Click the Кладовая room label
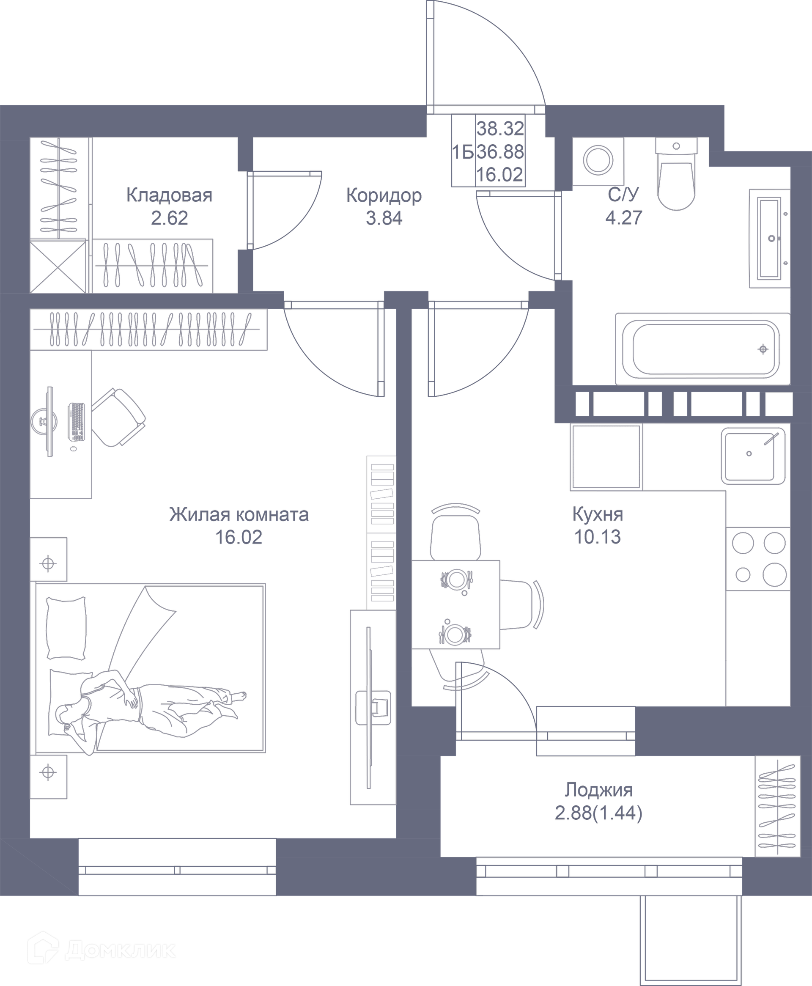pyautogui.click(x=169, y=195)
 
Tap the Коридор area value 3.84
pyautogui.click(x=384, y=218)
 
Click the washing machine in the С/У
pyautogui.click(x=598, y=161)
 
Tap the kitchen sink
pyautogui.click(x=753, y=456)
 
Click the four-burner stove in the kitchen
pyautogui.click(x=758, y=559)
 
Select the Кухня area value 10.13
pyautogui.click(x=597, y=537)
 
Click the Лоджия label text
pyautogui.click(x=598, y=790)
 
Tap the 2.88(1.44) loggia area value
pyautogui.click(x=598, y=813)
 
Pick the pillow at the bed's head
pyautogui.click(x=66, y=628)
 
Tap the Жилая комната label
pyautogui.click(x=239, y=514)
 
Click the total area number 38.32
pyautogui.click(x=500, y=129)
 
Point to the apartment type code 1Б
pyautogui.click(x=463, y=152)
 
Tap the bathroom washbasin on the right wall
pyautogui.click(x=769, y=238)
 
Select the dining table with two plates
pyautogui.click(x=455, y=604)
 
